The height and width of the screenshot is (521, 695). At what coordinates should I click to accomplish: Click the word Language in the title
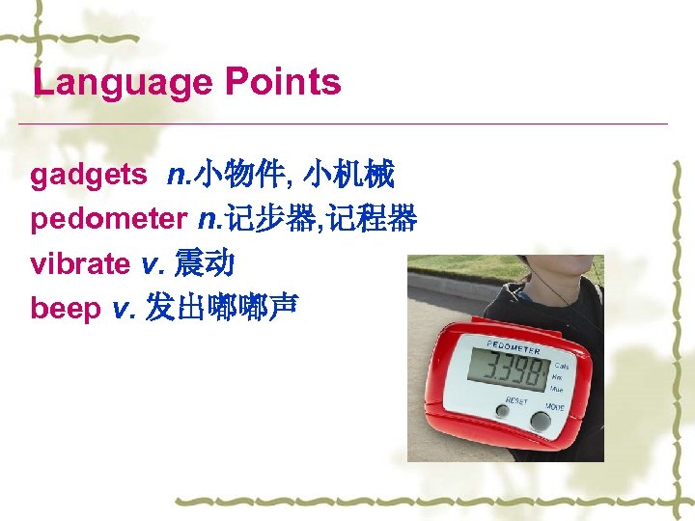[122, 82]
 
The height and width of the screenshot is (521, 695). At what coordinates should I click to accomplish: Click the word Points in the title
[283, 82]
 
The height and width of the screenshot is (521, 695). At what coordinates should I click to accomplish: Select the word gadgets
[89, 176]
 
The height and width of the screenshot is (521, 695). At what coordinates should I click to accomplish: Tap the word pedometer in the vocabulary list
[108, 220]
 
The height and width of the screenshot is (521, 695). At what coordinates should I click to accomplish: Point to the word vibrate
[80, 263]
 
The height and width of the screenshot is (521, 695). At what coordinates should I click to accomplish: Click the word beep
[66, 309]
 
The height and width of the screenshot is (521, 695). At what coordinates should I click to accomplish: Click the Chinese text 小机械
[347, 176]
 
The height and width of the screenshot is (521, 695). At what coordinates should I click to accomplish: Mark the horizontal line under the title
[347, 124]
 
